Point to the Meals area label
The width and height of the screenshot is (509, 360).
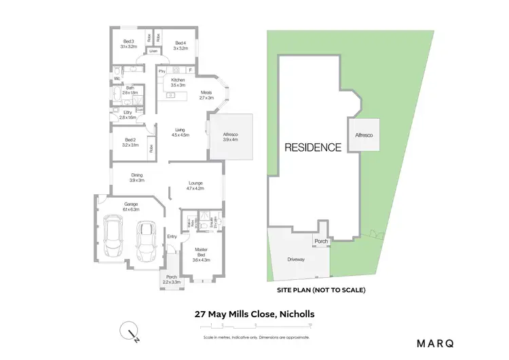pyautogui.click(x=206, y=95)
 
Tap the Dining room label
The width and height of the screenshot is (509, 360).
pyautogui.click(x=137, y=177)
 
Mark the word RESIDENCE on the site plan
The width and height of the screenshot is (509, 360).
pyautogui.click(x=313, y=147)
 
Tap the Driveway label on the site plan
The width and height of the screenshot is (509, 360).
pyautogui.click(x=296, y=259)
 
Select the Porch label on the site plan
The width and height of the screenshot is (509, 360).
pyautogui.click(x=321, y=241)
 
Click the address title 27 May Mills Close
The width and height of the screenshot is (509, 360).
pyautogui.click(x=254, y=314)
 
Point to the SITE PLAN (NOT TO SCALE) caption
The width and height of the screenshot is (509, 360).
pyautogui.click(x=321, y=290)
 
